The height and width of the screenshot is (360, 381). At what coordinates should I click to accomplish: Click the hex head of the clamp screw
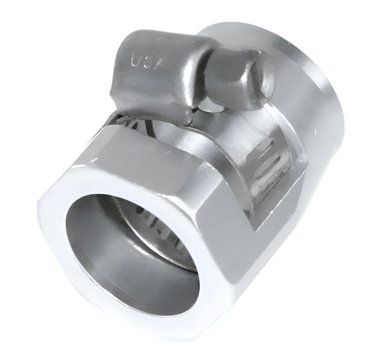click(x=239, y=79)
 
